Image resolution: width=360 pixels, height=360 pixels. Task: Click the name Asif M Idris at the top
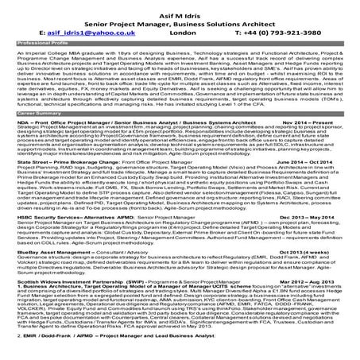[180, 9]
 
